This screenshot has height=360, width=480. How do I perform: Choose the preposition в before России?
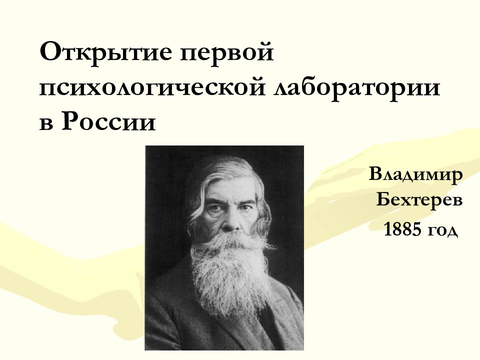[46, 123]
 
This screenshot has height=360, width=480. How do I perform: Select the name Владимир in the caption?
[416, 175]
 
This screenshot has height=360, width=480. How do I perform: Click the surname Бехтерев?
[419, 200]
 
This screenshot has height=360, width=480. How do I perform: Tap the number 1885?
[402, 229]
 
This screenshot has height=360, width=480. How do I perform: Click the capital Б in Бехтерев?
[383, 200]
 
